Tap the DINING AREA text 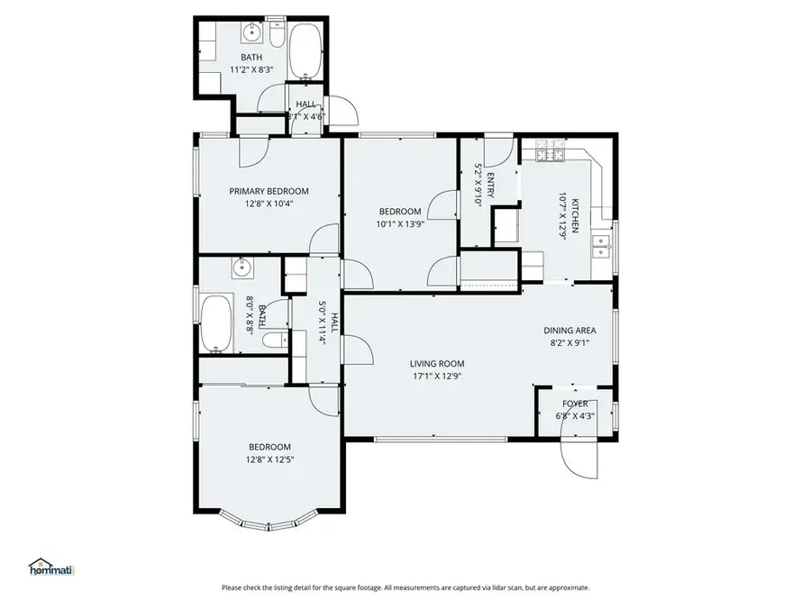point(570,330)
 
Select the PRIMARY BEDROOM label point(269,191)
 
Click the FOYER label point(575,404)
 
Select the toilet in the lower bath point(275,340)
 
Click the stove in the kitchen point(550,155)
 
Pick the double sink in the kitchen point(600,246)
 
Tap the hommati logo point(51,568)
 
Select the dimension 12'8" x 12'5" point(269,459)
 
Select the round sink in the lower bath point(241,267)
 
